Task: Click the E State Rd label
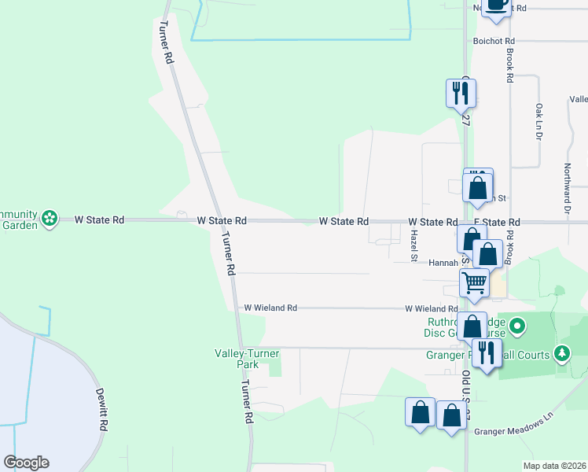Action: click(x=497, y=223)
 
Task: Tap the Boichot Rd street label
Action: click(x=494, y=41)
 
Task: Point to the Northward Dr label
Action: click(x=566, y=188)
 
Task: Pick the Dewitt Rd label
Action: click(x=101, y=409)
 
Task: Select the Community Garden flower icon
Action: click(x=50, y=218)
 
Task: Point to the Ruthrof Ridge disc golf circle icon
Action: click(x=517, y=325)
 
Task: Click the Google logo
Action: click(x=27, y=463)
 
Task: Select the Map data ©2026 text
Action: click(x=554, y=466)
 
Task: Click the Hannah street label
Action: click(x=443, y=263)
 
